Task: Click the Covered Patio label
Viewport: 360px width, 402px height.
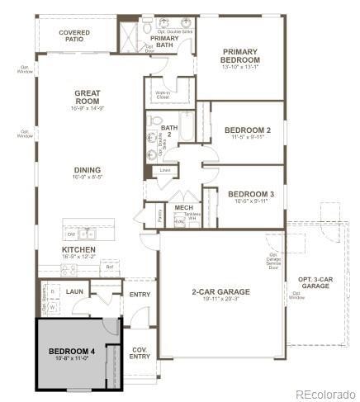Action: coord(74,35)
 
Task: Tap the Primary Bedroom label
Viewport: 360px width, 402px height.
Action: coord(240,56)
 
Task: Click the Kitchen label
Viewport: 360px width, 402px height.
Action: coord(78,249)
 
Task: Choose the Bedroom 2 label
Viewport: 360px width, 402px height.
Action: coord(248,130)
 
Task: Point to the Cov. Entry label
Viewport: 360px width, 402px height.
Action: coord(140,353)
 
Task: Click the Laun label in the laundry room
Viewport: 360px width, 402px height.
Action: coord(75,291)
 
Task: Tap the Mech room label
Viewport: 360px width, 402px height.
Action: coord(182,207)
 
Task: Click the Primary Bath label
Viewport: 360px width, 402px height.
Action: coord(165,42)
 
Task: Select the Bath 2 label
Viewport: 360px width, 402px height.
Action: coord(169,130)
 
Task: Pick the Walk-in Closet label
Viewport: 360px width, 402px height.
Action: coord(163,94)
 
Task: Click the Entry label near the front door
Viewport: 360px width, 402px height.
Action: coord(138,293)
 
